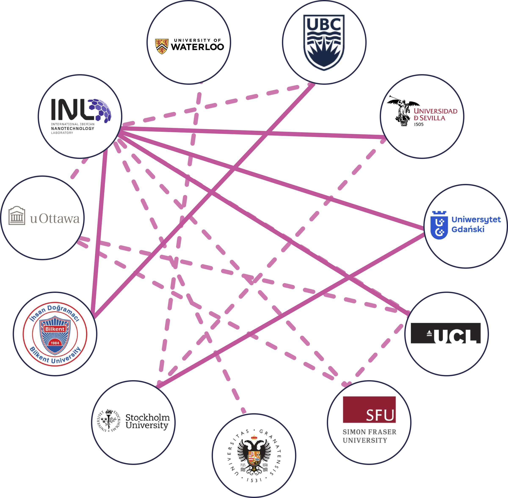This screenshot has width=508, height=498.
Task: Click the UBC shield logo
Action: pos(324,42)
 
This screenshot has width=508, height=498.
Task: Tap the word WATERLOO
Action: pos(197,47)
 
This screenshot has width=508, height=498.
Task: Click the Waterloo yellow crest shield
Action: pos(162,46)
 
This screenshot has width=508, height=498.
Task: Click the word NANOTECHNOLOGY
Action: pos(73,128)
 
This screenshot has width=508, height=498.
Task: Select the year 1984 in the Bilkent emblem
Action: pos(55,343)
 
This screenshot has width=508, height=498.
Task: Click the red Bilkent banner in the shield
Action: pos(55,329)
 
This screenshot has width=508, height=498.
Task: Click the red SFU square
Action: pos(369,409)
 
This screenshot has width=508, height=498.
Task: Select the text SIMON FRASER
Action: pos(369,432)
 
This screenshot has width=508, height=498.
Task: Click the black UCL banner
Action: pos(445,333)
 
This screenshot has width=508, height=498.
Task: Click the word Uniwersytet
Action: pos(476,220)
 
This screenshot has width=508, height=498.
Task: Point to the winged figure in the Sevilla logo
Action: pos(403,113)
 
